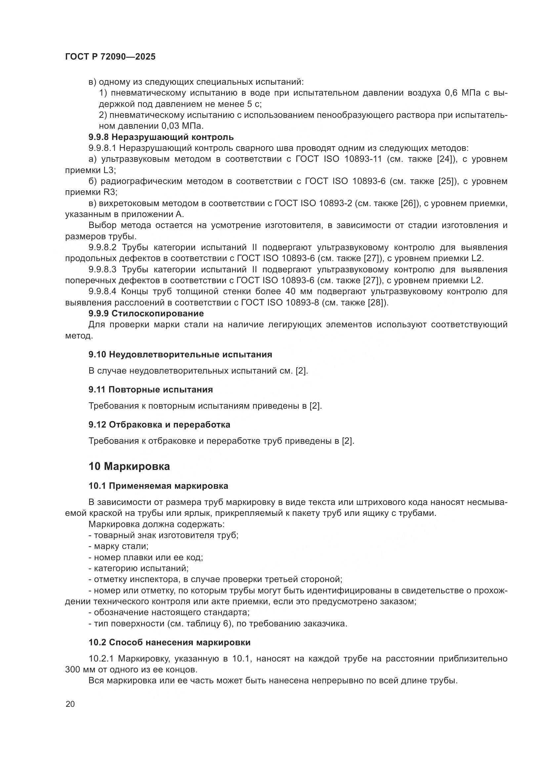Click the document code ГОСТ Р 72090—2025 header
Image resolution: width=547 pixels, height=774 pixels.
point(110,57)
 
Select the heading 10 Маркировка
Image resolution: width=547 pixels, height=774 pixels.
point(129,466)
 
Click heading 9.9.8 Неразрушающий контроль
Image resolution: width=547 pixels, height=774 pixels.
point(161,137)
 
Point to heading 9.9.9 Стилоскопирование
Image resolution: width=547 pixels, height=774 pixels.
point(146,313)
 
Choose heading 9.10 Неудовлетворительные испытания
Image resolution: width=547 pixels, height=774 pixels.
point(180,354)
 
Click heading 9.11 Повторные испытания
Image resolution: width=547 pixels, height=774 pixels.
point(150,389)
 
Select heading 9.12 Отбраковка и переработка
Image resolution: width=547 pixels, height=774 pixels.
point(159,425)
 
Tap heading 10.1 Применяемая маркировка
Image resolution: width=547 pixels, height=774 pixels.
point(158,486)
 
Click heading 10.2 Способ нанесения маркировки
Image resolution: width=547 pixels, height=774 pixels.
point(169,642)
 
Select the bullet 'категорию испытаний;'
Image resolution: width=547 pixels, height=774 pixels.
point(141,569)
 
